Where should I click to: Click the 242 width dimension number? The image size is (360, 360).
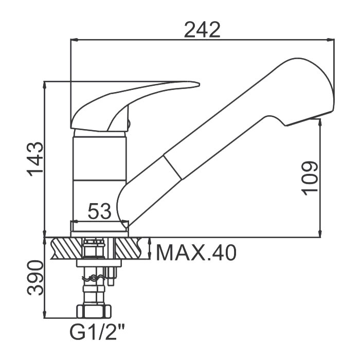(202, 30)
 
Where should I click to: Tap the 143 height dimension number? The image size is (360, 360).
(35, 159)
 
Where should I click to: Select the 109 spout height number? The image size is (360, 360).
(310, 178)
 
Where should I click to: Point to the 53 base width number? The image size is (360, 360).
(99, 211)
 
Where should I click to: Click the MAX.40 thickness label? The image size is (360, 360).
(196, 253)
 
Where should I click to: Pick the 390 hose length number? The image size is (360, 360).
(35, 277)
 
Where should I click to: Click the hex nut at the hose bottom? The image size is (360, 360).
(94, 311)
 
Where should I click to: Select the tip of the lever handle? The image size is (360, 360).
(199, 84)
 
